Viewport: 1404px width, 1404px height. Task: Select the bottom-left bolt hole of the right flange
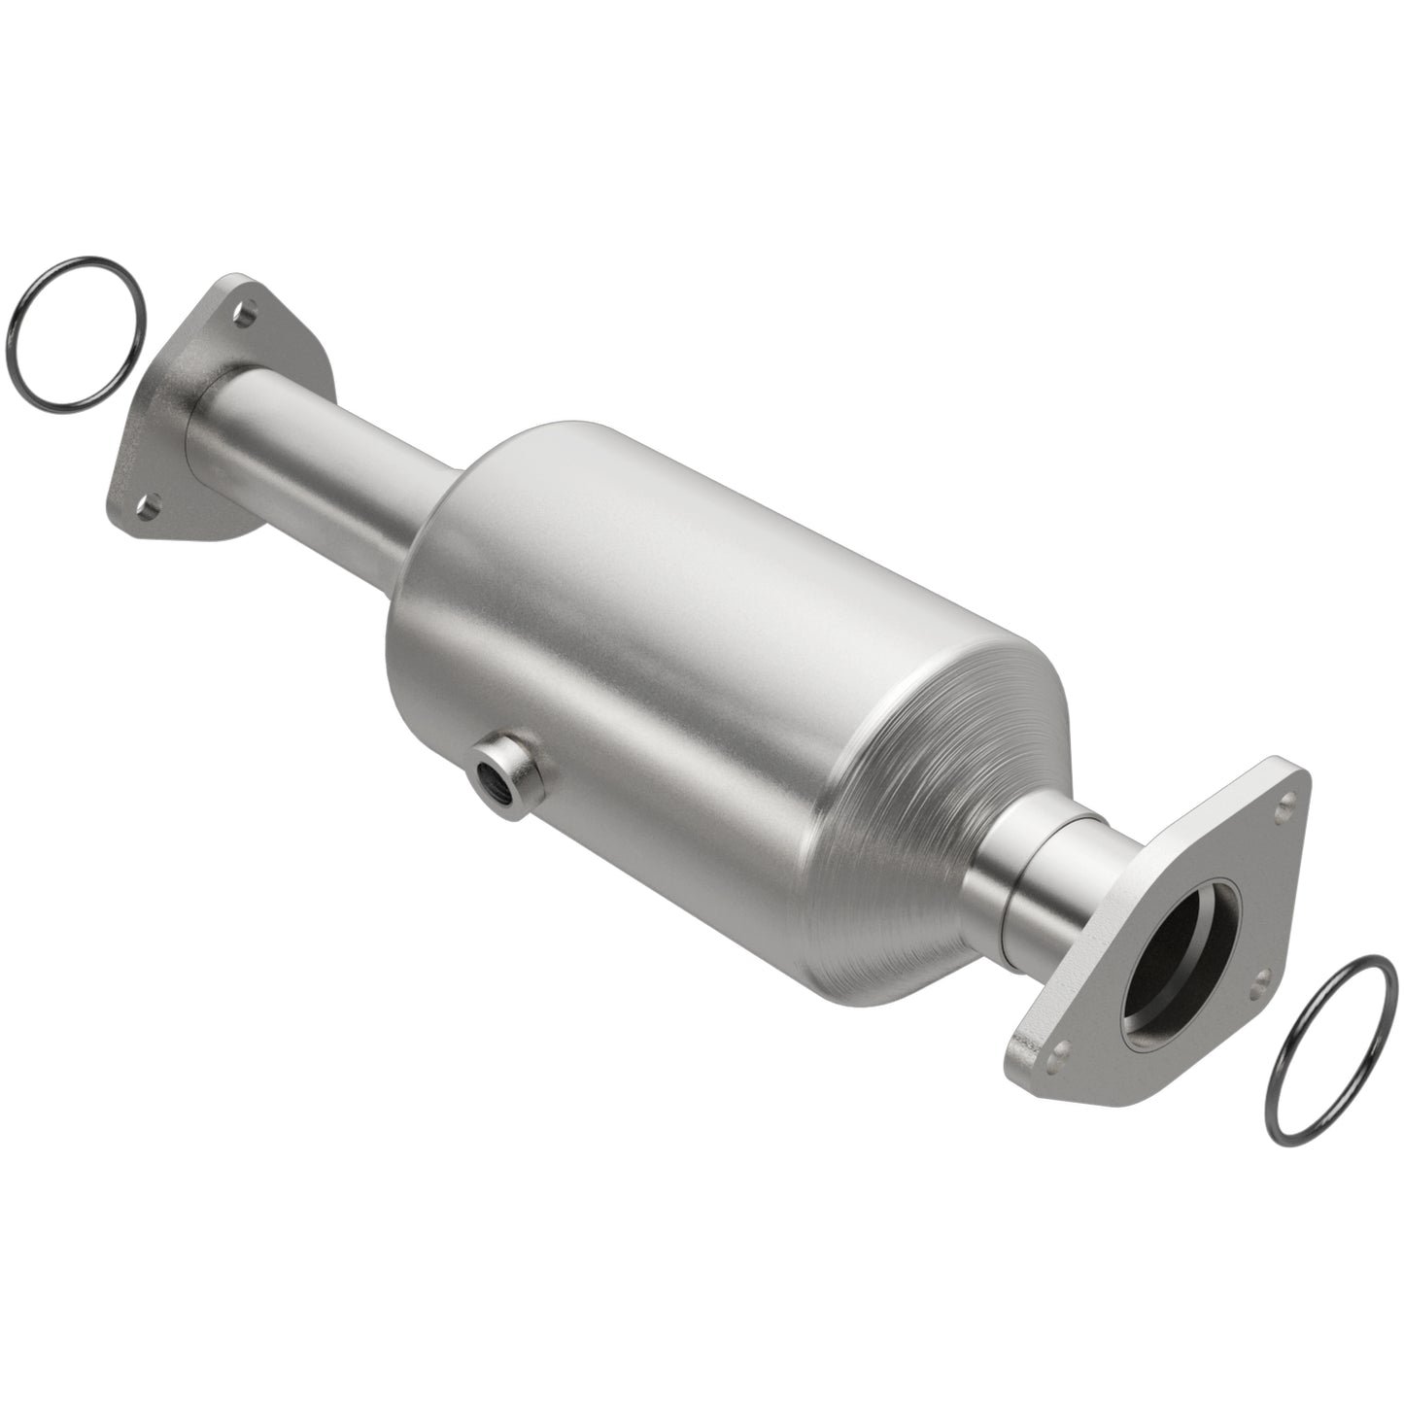click(1062, 1047)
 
